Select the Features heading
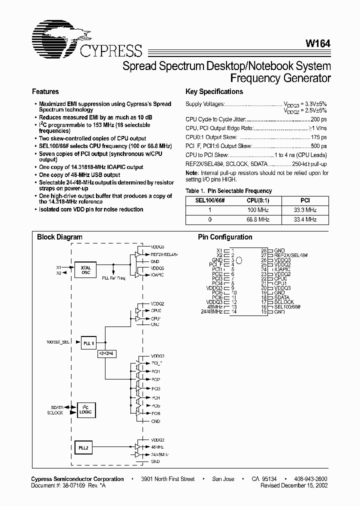pyautogui.click(x=45, y=92)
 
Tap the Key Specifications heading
pyautogui.click(x=214, y=92)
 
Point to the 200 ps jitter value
pyautogui.click(x=318, y=120)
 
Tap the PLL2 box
pyautogui.click(x=83, y=447)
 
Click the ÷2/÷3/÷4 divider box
pyautogui.click(x=106, y=353)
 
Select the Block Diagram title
pyautogui.click(x=60, y=237)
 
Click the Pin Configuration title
pyautogui.click(x=225, y=237)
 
